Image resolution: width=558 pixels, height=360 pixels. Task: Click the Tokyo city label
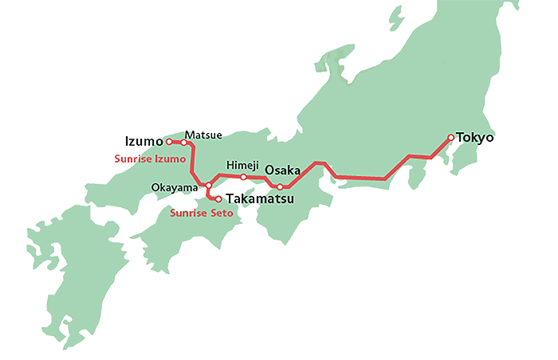(475, 138)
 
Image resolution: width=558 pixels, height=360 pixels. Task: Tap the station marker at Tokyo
(451, 138)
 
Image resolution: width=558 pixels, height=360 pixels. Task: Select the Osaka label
(282, 170)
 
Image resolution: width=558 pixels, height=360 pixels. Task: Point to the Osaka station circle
(280, 187)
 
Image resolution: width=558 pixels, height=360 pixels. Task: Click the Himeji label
(242, 164)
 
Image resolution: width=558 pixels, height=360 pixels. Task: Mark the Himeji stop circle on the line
(243, 177)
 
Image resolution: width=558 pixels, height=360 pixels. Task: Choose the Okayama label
(175, 187)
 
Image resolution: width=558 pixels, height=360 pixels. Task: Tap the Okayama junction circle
(208, 186)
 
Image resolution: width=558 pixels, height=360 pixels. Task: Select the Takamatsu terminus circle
(219, 198)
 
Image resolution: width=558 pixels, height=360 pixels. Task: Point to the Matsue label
(203, 135)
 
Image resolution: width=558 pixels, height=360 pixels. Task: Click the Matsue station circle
(184, 143)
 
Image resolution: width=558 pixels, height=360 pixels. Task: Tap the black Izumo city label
(144, 142)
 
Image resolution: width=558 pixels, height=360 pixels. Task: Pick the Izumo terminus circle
(169, 143)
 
